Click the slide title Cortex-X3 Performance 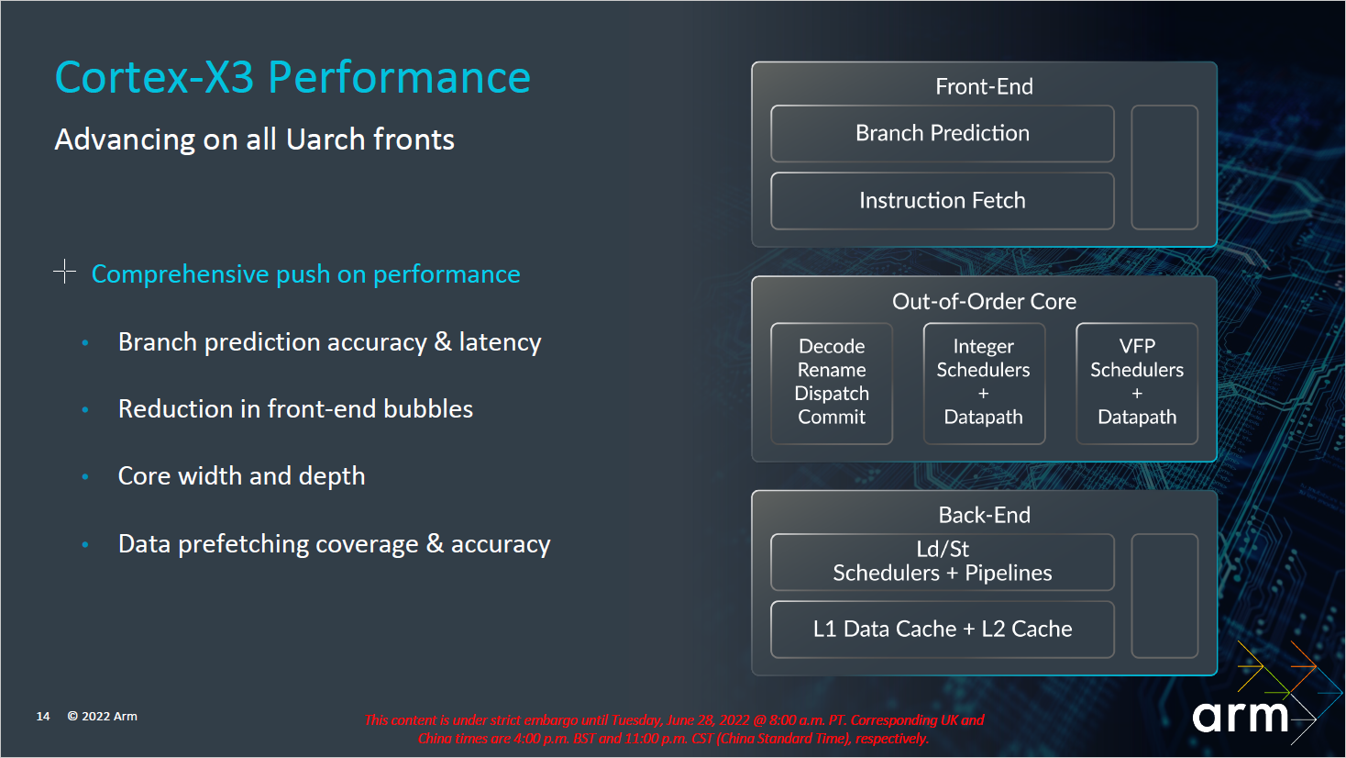coord(292,77)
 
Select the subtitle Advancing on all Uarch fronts coord(254,139)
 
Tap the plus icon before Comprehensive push coord(64,272)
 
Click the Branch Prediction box coord(942,134)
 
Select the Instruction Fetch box coord(942,201)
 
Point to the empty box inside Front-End coord(1164,167)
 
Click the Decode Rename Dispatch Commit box coord(832,383)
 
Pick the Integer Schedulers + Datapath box coord(984,383)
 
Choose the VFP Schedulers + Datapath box coord(1137,383)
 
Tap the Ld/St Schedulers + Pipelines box coord(942,562)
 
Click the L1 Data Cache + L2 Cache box coord(942,630)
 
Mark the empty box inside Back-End coord(1164,596)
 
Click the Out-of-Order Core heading coord(984,302)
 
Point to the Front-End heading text coord(984,87)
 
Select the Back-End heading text coord(984,516)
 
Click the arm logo coord(1241,717)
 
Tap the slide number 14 coord(43,717)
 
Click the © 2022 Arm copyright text coord(103,717)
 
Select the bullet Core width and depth coord(241,476)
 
